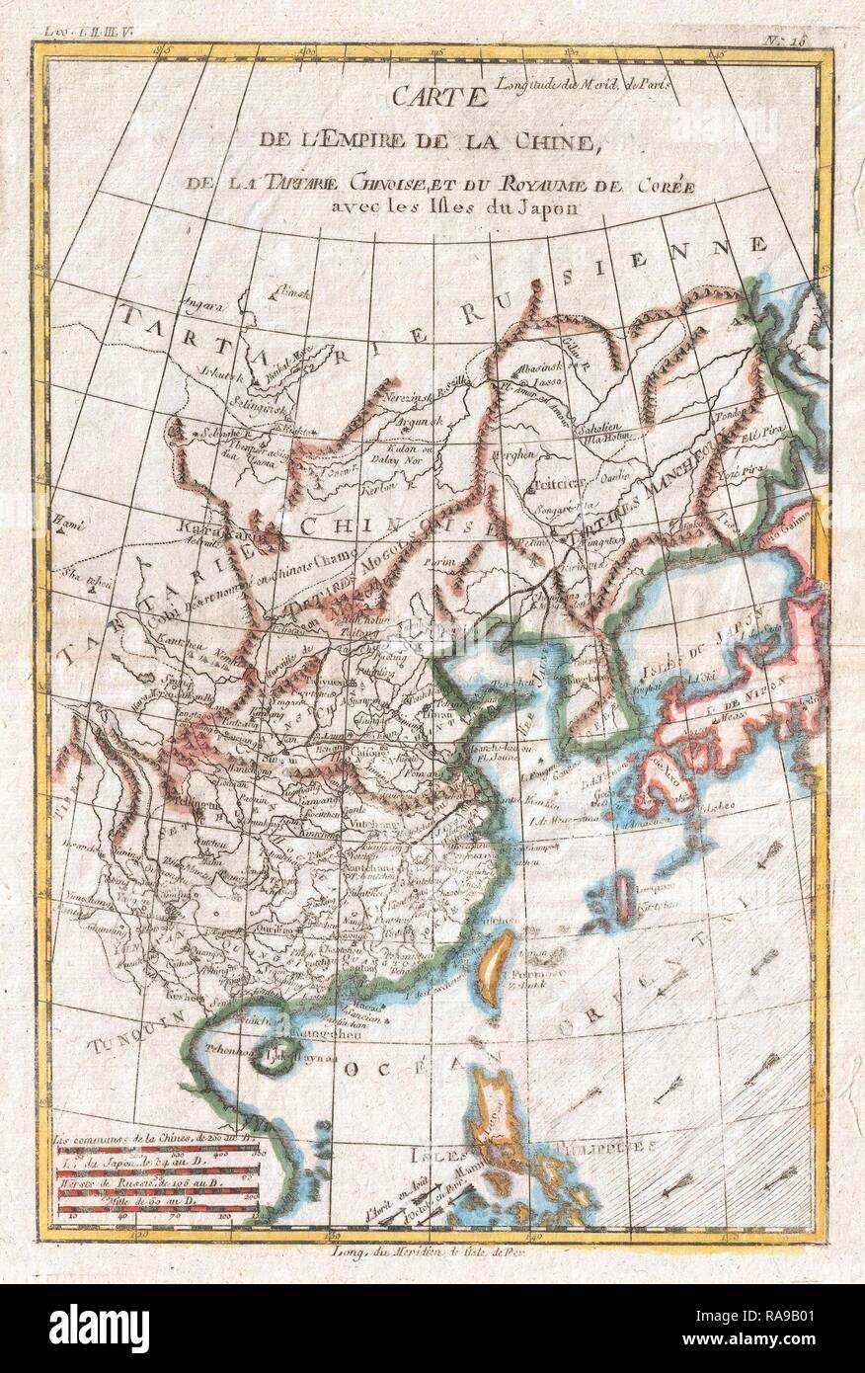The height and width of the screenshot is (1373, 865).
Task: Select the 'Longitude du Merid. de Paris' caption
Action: coord(588,84)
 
